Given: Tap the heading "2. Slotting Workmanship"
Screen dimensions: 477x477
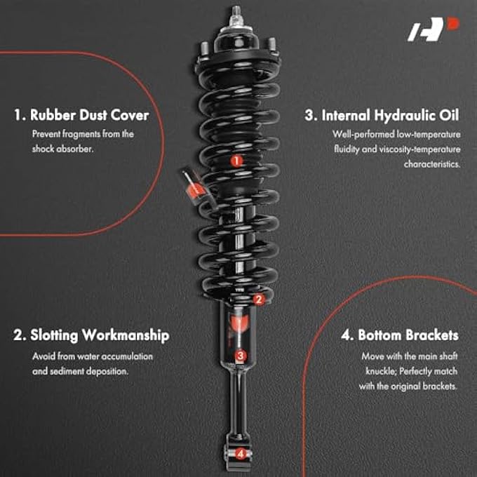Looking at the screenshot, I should pyautogui.click(x=91, y=335).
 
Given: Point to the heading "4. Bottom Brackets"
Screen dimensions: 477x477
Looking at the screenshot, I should pyautogui.click(x=399, y=335).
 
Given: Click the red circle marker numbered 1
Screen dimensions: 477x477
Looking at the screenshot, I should pyautogui.click(x=236, y=161).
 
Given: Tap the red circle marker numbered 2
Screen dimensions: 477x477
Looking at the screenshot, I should pyautogui.click(x=258, y=300).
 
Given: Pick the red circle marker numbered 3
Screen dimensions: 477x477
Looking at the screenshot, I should pyautogui.click(x=240, y=356).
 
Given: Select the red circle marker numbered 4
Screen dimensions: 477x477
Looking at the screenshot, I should pyautogui.click(x=241, y=453).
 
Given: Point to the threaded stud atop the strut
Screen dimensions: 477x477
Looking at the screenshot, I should pyautogui.click(x=235, y=12).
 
